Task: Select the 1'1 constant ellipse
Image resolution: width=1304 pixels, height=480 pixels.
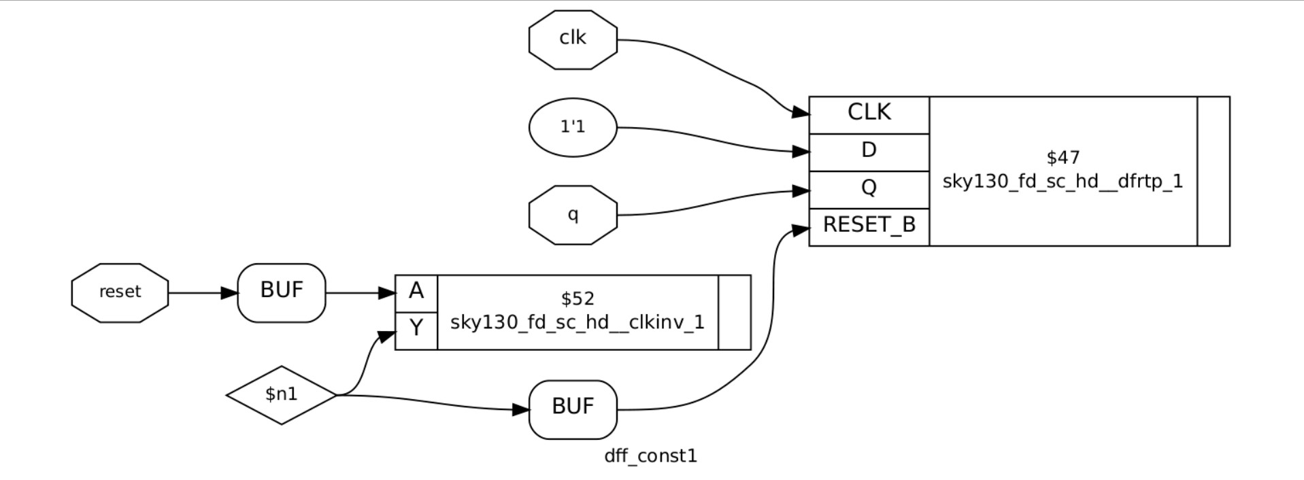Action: point(573,128)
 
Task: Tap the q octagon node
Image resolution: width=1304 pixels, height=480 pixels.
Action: point(573,215)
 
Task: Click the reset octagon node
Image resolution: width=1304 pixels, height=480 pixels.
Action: point(120,292)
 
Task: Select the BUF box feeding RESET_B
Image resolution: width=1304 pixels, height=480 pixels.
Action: point(573,409)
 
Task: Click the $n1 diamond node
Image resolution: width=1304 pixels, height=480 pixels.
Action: point(282,394)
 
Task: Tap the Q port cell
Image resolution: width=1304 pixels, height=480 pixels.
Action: point(869,188)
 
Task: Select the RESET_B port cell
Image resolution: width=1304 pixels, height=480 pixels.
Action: point(869,226)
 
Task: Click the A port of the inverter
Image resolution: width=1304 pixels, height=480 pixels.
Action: point(416,292)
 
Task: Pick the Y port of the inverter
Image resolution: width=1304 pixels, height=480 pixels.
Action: point(416,330)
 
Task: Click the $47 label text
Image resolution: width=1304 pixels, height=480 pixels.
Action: point(1063,158)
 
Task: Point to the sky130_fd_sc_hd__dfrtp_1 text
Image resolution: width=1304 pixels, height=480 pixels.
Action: point(1063,182)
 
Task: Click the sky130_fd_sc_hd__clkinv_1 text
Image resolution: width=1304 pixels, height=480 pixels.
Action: point(578,322)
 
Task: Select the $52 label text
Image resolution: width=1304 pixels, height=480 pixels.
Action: point(578,299)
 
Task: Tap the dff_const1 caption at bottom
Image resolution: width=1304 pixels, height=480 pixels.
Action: point(651,456)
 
